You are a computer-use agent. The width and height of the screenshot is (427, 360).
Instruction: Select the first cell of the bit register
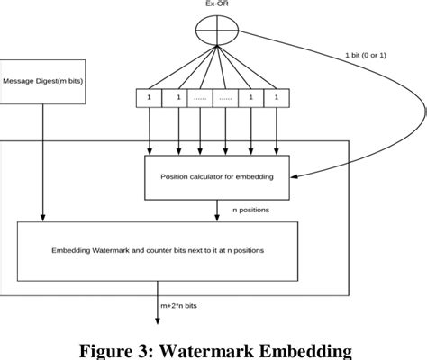point(150,96)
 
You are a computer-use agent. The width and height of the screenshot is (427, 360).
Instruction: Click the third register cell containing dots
point(200,96)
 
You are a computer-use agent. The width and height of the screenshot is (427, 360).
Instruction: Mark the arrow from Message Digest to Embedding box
point(41,162)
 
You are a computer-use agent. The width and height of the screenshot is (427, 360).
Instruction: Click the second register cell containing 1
point(175,96)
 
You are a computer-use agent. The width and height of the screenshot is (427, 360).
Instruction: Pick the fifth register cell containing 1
point(250,96)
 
